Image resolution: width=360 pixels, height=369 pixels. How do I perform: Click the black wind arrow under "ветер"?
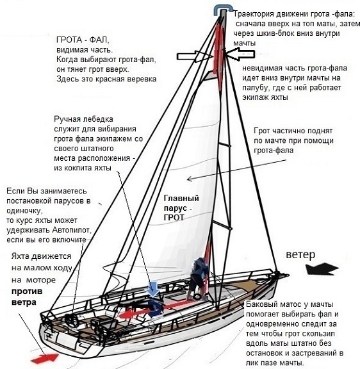click(x=322, y=269)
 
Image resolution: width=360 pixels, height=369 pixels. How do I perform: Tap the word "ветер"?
click(x=300, y=254)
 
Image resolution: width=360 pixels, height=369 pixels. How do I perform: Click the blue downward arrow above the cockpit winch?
click(x=153, y=288)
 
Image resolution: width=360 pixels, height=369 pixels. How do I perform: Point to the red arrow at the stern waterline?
click(x=45, y=358)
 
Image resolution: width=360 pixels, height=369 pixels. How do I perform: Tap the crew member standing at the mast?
click(x=198, y=278)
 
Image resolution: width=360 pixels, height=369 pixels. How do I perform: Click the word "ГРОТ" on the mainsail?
click(x=174, y=217)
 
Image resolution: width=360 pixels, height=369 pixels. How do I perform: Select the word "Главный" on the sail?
click(x=181, y=198)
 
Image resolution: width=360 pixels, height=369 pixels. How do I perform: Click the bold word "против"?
click(x=27, y=291)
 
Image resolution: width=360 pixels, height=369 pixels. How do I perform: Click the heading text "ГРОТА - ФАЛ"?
click(x=83, y=40)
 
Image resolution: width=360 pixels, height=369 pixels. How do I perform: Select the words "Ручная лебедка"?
click(x=83, y=119)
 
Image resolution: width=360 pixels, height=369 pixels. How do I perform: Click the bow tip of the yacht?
click(x=288, y=275)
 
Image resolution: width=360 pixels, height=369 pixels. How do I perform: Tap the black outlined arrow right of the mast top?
click(x=240, y=54)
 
